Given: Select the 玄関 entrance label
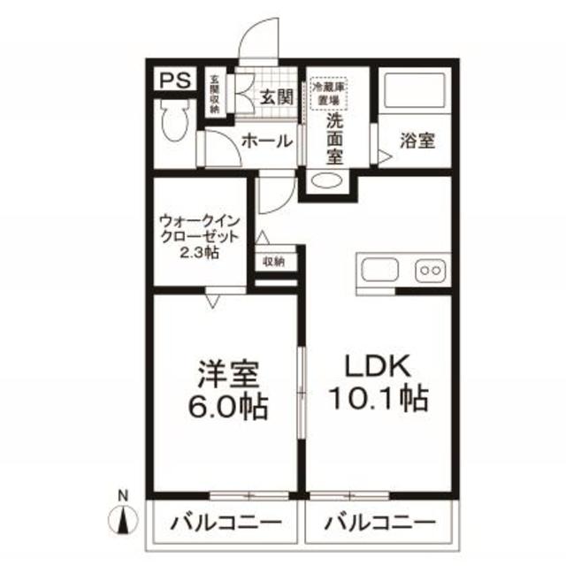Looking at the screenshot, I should (276, 97).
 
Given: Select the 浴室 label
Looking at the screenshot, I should (417, 140).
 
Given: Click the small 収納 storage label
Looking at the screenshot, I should (273, 262).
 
